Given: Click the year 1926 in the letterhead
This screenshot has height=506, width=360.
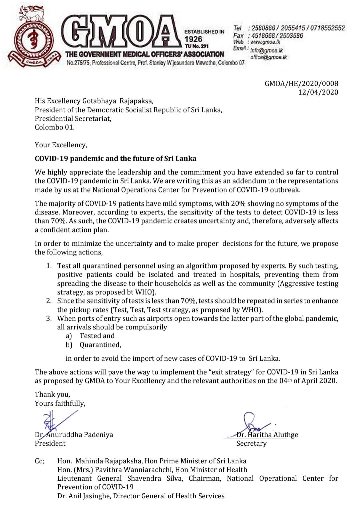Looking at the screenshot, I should [x=193, y=39].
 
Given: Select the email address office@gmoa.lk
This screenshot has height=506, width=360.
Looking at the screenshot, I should [x=268, y=57].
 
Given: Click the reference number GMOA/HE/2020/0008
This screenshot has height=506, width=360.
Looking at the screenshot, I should [x=301, y=84].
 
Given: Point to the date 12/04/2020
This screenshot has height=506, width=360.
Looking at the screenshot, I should [x=318, y=92].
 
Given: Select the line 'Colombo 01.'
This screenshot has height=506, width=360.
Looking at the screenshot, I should [x=55, y=127].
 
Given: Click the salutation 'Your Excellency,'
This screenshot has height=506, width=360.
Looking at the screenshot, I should [x=61, y=145].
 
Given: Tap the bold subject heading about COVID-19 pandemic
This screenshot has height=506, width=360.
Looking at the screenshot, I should [x=115, y=159].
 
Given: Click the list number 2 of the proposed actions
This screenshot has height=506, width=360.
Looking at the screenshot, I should [x=49, y=301].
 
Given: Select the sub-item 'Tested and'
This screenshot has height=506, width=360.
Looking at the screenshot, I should [x=97, y=336].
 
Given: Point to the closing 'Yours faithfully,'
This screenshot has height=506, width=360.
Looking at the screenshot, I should [x=60, y=403].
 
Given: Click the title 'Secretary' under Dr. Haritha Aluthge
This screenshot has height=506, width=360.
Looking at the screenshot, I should [x=251, y=443].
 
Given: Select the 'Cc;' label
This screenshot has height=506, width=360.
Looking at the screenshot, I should [x=39, y=461].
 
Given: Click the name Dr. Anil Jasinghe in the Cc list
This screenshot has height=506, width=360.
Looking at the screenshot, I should [x=84, y=496].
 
